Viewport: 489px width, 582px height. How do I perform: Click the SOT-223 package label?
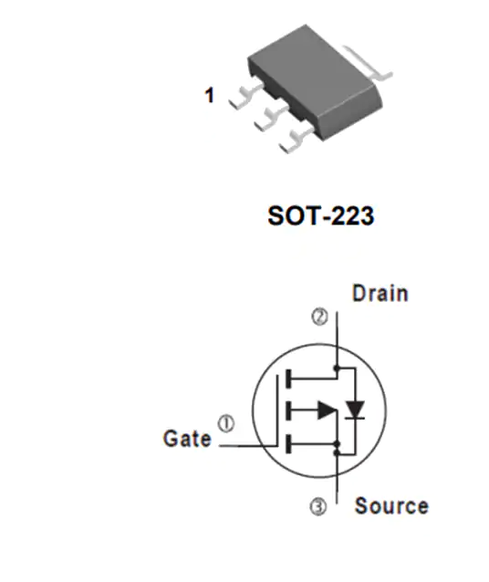pyautogui.click(x=321, y=215)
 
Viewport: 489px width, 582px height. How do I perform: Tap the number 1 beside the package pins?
pyautogui.click(x=210, y=95)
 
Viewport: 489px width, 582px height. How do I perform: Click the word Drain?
pyautogui.click(x=380, y=293)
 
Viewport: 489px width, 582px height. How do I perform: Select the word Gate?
pyautogui.click(x=187, y=439)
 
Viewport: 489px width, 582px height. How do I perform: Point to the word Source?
pyautogui.click(x=391, y=505)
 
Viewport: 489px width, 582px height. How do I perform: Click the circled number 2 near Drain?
pyautogui.click(x=319, y=317)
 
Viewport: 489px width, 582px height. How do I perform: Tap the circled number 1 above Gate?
pyautogui.click(x=225, y=423)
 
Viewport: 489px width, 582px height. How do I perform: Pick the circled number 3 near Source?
pyautogui.click(x=318, y=507)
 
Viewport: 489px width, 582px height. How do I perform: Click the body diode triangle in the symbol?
pyautogui.click(x=355, y=409)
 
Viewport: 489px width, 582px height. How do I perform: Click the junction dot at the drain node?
pyautogui.click(x=337, y=369)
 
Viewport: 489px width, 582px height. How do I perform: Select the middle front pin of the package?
pyautogui.click(x=271, y=118)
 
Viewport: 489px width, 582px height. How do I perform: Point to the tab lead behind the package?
pyautogui.click(x=368, y=63)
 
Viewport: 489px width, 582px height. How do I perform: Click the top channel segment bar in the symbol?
pyautogui.click(x=287, y=379)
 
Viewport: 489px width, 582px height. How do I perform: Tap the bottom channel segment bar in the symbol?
pyautogui.click(x=287, y=444)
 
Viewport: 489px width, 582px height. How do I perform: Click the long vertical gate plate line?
pyautogui.click(x=277, y=411)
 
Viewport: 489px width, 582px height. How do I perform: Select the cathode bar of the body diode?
pyautogui.click(x=355, y=419)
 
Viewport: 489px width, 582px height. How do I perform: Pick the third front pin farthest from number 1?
pyautogui.click(x=297, y=140)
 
